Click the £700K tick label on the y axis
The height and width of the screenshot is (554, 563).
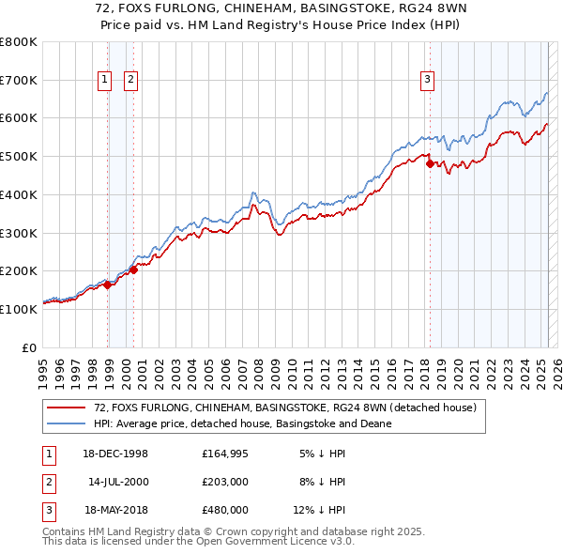pyautogui.click(x=19, y=81)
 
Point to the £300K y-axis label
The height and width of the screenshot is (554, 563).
pyautogui.click(x=19, y=233)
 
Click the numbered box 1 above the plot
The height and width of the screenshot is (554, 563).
pyautogui.click(x=105, y=81)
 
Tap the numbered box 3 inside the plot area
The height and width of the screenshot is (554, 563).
pyautogui.click(x=427, y=81)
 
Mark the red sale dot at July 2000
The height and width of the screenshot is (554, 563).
pyautogui.click(x=133, y=269)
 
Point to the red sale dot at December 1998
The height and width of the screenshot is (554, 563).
pyautogui.click(x=108, y=285)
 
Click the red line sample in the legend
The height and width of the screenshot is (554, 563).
pyautogui.click(x=66, y=408)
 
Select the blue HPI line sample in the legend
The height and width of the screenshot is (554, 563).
pyautogui.click(x=66, y=423)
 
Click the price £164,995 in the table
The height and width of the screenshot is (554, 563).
pyautogui.click(x=225, y=454)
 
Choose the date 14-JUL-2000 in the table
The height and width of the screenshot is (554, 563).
pyautogui.click(x=118, y=482)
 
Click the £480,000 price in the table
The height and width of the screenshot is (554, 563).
pyautogui.click(x=225, y=510)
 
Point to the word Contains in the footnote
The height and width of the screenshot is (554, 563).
pyautogui.click(x=65, y=531)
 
